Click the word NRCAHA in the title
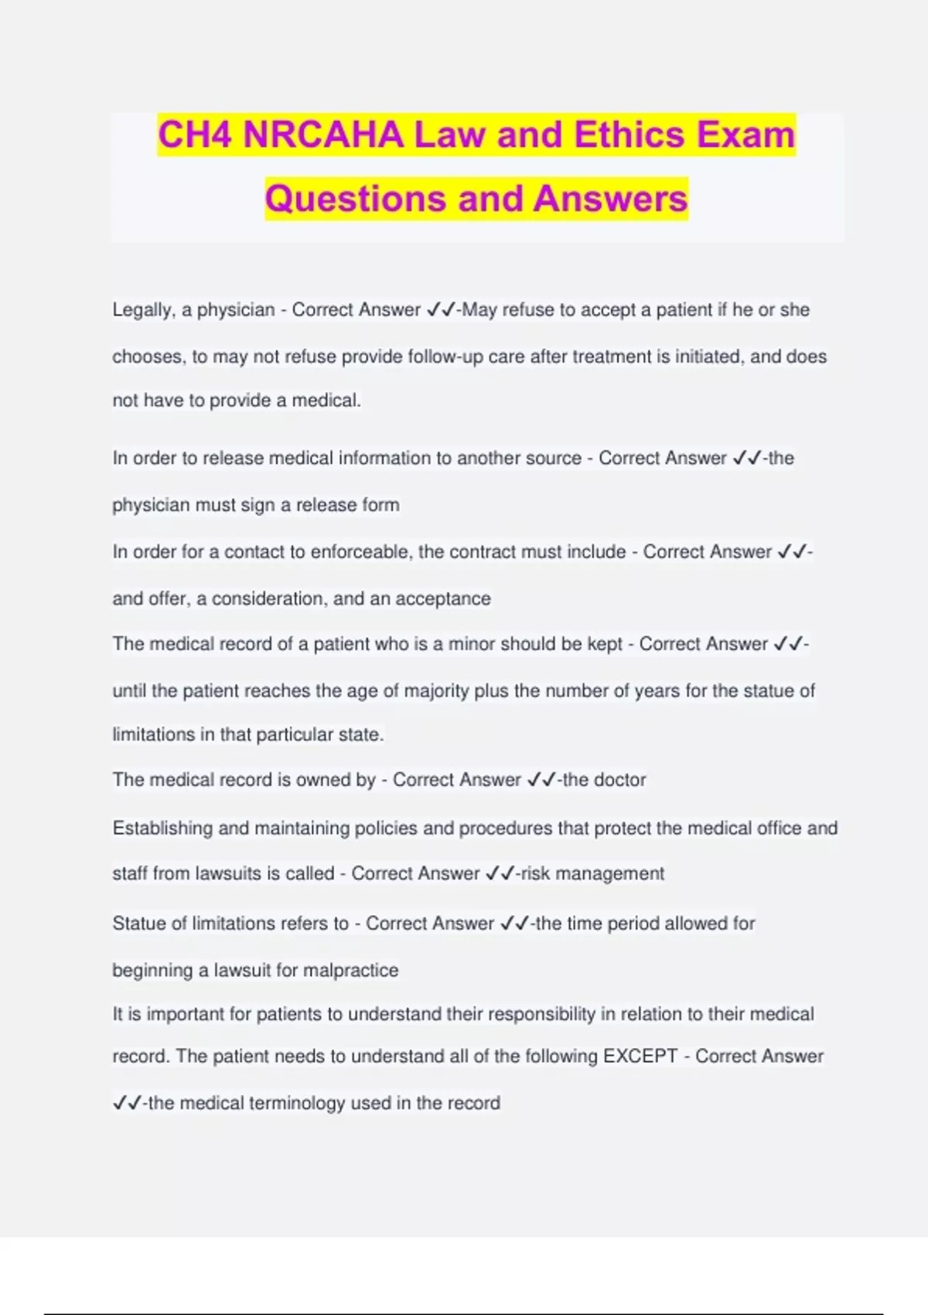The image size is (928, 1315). [x=323, y=135]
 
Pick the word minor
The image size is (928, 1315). [x=472, y=644]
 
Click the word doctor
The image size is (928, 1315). [x=620, y=780]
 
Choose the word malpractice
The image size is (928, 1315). [x=350, y=971]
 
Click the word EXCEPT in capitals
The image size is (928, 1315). [x=640, y=1057]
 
